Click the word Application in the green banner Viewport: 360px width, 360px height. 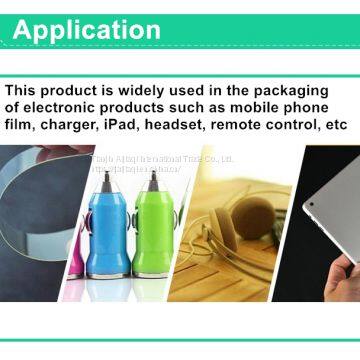[x=86, y=29]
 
